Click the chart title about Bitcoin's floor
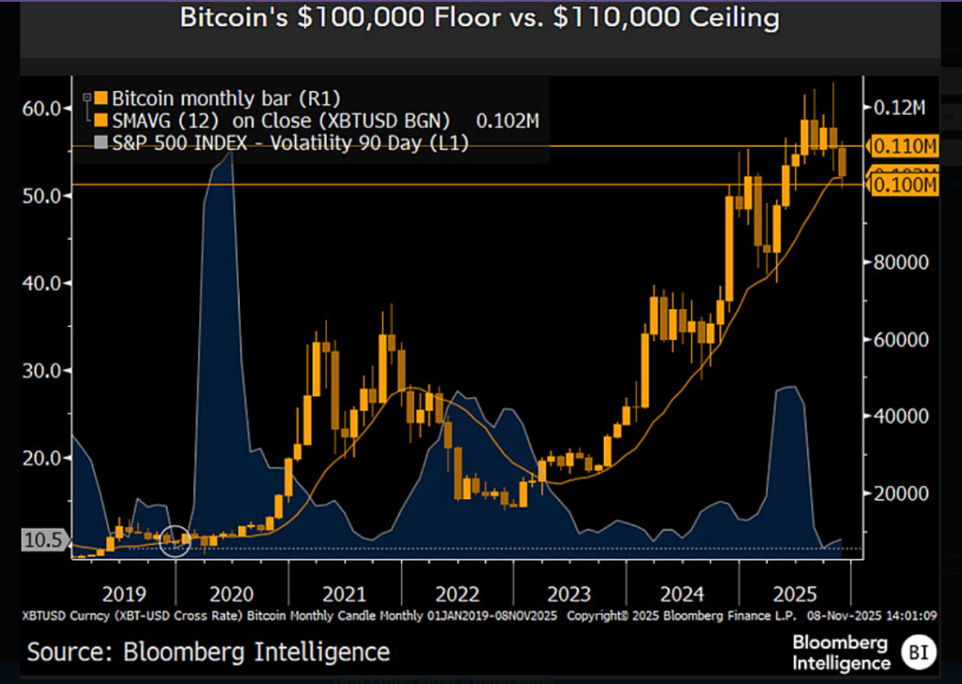(x=481, y=18)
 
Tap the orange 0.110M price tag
(x=905, y=147)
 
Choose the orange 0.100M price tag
(x=905, y=185)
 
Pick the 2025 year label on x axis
(x=794, y=594)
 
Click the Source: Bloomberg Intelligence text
(x=208, y=651)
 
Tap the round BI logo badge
(x=917, y=650)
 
